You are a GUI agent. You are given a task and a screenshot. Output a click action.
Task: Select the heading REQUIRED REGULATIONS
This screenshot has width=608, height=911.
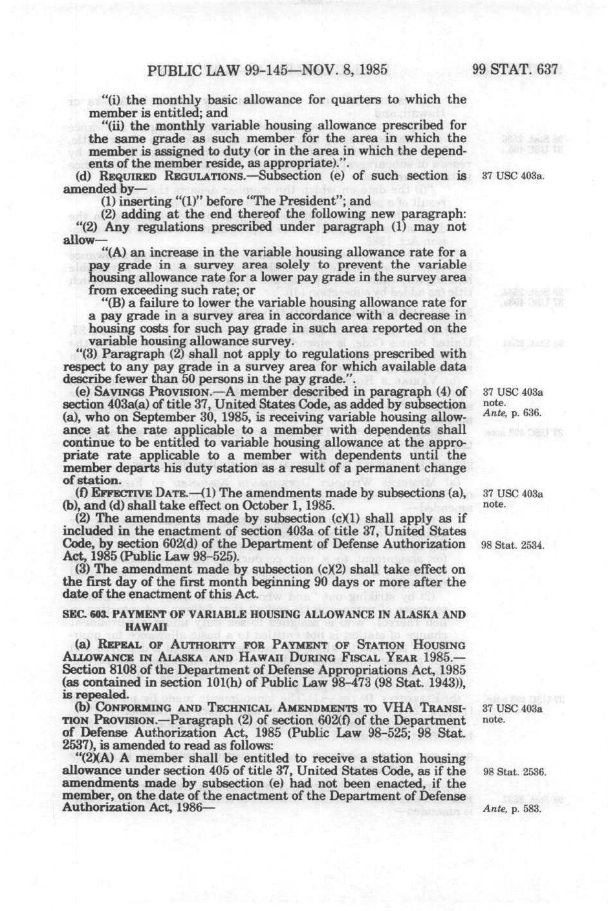tap(146, 176)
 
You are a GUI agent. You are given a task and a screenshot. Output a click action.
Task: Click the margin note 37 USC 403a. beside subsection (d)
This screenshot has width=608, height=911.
tap(512, 177)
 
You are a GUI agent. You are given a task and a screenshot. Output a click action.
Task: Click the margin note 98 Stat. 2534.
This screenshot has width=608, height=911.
tap(514, 545)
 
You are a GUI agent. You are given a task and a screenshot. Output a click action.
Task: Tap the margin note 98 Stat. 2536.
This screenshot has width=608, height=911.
tap(514, 772)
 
